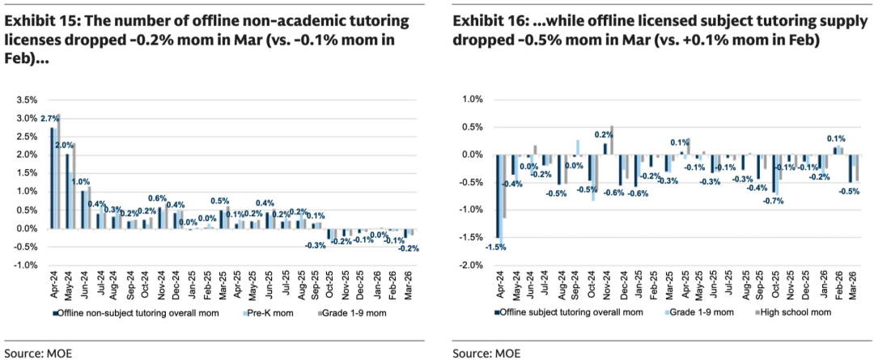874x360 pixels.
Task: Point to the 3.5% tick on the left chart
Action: (27, 100)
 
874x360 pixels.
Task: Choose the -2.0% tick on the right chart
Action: (473, 265)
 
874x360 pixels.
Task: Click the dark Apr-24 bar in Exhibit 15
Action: (53, 178)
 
